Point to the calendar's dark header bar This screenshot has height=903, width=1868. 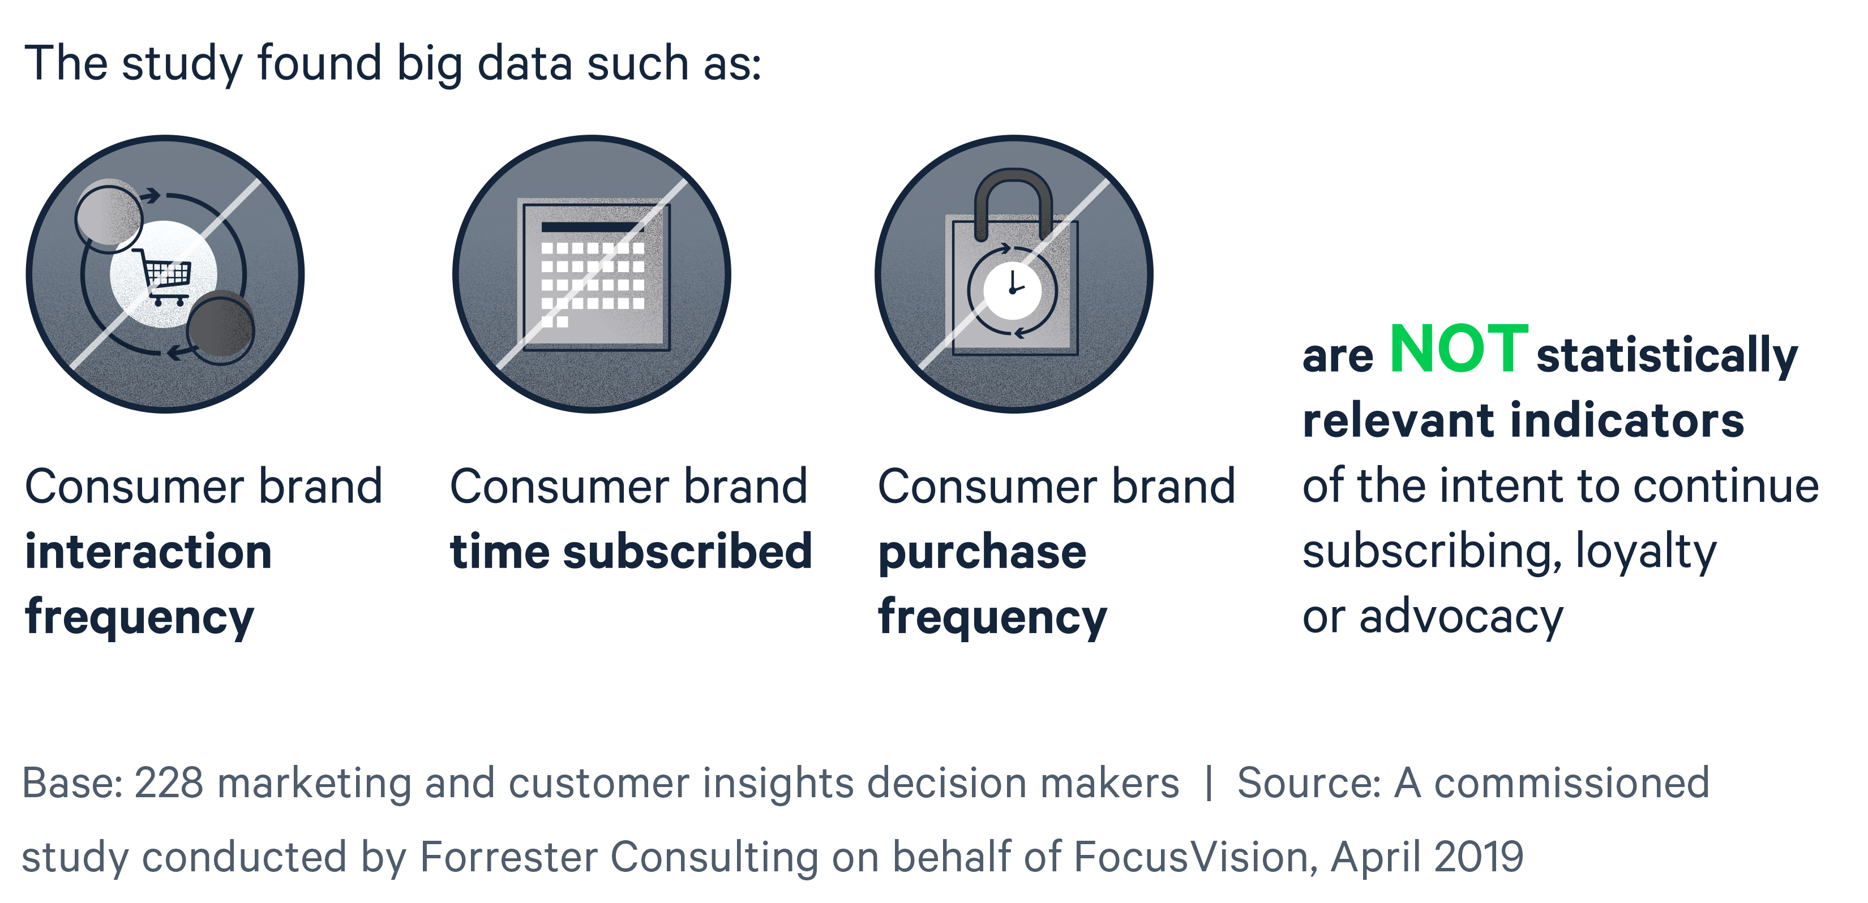pos(593,227)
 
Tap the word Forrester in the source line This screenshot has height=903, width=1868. pos(508,857)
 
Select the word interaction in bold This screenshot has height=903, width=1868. pos(149,552)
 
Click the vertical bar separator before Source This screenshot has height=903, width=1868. pos(1208,784)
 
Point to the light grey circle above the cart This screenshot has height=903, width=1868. pos(109,215)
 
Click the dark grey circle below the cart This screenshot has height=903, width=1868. pos(220,328)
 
